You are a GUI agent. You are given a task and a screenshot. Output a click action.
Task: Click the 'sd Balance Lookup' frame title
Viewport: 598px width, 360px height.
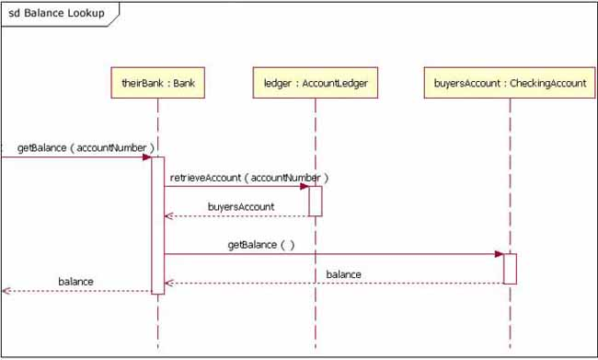pyautogui.click(x=56, y=14)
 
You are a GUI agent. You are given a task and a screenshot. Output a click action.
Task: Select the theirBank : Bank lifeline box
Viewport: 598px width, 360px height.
pyautogui.click(x=157, y=83)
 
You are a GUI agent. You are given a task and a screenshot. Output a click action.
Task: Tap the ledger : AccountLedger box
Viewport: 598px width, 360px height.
pyautogui.click(x=315, y=83)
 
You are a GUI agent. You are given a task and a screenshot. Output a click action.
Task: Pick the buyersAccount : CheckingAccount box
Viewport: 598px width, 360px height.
pyautogui.click(x=510, y=83)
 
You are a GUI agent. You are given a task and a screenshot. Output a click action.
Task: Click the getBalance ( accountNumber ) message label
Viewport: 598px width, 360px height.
pyautogui.click(x=85, y=147)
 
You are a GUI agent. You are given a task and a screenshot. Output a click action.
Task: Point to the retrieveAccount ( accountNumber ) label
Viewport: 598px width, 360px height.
pyautogui.click(x=248, y=176)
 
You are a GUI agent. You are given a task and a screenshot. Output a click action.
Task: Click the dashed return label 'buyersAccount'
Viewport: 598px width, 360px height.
pyautogui.click(x=241, y=206)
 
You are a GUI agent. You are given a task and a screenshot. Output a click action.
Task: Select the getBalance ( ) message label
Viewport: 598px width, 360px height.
pyautogui.click(x=261, y=244)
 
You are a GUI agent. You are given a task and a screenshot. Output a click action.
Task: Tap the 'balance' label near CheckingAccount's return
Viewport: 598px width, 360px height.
pyautogui.click(x=343, y=273)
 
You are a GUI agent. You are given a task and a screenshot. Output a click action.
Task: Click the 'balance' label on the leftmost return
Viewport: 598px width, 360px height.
pyautogui.click(x=75, y=281)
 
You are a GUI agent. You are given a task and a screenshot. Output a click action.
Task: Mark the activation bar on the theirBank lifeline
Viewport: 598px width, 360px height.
pyautogui.click(x=157, y=226)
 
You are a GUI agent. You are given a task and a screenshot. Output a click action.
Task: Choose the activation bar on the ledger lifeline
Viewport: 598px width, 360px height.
pyautogui.click(x=315, y=201)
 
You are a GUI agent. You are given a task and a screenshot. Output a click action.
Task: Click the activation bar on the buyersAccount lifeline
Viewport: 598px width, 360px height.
pyautogui.click(x=510, y=268)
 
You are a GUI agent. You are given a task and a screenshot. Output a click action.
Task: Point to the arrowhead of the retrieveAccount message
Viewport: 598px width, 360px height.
pyautogui.click(x=304, y=186)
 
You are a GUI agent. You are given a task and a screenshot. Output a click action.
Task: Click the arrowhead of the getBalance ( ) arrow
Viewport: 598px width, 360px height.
pyautogui.click(x=499, y=253)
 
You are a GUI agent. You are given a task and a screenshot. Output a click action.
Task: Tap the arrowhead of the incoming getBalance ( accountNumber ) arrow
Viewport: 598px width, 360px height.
pyautogui.click(x=146, y=157)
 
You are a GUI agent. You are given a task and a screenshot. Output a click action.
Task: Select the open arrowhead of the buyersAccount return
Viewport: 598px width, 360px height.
pyautogui.click(x=167, y=216)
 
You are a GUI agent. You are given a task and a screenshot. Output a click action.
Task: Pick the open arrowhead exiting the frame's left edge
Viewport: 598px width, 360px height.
pyautogui.click(x=6, y=290)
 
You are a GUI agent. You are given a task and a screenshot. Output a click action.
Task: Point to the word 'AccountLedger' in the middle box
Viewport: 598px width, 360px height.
pyautogui.click(x=335, y=83)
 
